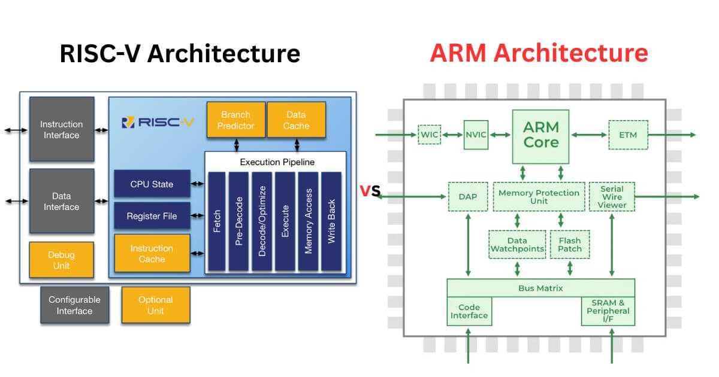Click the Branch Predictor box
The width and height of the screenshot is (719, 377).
click(x=235, y=120)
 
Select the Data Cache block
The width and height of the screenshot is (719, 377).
click(x=296, y=120)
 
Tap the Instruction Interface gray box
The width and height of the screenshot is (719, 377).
click(x=61, y=130)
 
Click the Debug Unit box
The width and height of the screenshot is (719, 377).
click(x=61, y=260)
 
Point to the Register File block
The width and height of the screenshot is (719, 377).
click(x=152, y=216)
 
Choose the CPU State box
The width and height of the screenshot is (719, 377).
click(x=152, y=184)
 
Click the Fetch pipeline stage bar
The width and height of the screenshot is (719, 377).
click(x=217, y=221)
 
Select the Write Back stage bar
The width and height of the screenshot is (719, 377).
click(x=331, y=221)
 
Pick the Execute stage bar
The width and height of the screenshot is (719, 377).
click(x=285, y=221)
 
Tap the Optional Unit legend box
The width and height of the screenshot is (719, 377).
click(x=155, y=305)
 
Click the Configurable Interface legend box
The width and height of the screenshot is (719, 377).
click(x=75, y=305)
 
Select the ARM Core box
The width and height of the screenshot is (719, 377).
click(x=541, y=135)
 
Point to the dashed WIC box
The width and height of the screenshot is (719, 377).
click(x=429, y=135)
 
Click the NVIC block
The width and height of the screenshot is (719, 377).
click(x=477, y=135)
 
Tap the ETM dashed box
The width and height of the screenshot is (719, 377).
click(x=627, y=135)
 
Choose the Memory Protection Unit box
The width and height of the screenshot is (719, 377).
click(x=539, y=197)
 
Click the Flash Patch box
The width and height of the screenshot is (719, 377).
click(x=569, y=244)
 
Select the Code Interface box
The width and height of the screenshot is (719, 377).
click(x=469, y=311)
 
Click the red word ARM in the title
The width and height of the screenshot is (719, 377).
click(x=458, y=54)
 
